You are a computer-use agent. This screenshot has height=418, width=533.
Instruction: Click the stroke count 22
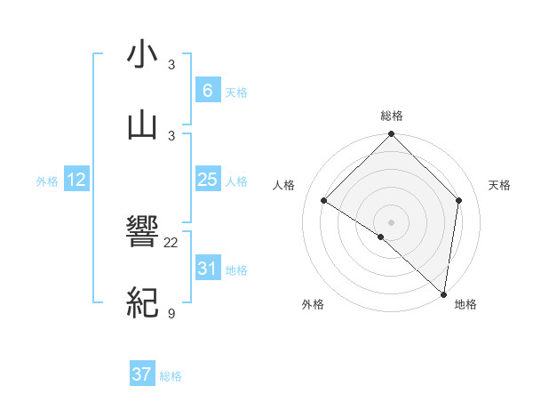(x=171, y=243)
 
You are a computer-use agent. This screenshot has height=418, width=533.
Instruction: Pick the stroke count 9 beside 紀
(x=171, y=313)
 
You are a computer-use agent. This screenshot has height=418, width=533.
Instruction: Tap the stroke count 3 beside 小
(x=171, y=65)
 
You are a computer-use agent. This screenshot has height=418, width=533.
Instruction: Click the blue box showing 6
(x=207, y=91)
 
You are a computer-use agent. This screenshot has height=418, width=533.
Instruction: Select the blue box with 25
(x=207, y=180)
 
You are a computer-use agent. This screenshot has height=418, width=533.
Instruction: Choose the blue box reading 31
(x=207, y=269)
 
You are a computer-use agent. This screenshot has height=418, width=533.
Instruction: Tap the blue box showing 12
(x=76, y=180)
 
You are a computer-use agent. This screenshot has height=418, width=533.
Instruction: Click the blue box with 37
(x=142, y=374)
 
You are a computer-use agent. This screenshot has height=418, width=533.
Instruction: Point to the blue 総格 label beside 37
(x=171, y=376)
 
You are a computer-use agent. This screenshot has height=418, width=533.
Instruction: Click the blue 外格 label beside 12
(x=47, y=181)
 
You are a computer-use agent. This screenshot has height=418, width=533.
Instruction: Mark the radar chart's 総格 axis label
(x=391, y=116)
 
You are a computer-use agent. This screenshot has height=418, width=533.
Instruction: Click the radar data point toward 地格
(x=444, y=294)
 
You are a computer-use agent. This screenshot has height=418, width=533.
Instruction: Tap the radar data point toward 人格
(x=324, y=200)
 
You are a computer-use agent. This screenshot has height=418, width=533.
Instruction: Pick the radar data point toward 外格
(x=381, y=237)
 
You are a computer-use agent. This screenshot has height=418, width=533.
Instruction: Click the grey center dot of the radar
(x=391, y=221)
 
